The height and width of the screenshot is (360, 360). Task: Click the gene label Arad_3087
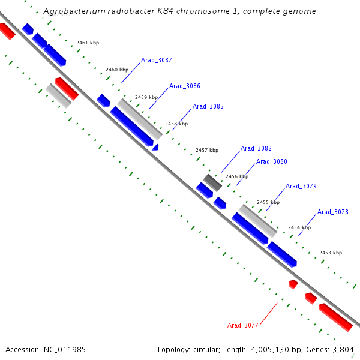coord(157,60)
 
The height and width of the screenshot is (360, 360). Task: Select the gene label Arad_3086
coord(185,86)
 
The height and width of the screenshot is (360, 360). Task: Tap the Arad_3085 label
coord(208,106)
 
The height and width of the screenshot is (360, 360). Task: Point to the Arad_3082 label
coord(256,148)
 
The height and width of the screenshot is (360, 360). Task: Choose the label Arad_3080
coord(272,161)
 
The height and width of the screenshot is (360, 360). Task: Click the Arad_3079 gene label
coord(301,186)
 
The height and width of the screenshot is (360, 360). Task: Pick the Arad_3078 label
coord(333,212)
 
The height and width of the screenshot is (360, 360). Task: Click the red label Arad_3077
coord(242,325)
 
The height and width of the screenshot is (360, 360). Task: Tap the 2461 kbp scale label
coord(88,43)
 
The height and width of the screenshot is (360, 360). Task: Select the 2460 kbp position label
coord(117,70)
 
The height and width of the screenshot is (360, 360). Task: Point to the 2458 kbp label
coord(176,124)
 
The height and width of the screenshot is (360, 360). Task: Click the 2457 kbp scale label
coord(207,150)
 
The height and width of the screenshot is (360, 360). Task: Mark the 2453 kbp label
coord(331,253)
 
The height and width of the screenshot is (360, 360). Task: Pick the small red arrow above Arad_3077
coord(293,283)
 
